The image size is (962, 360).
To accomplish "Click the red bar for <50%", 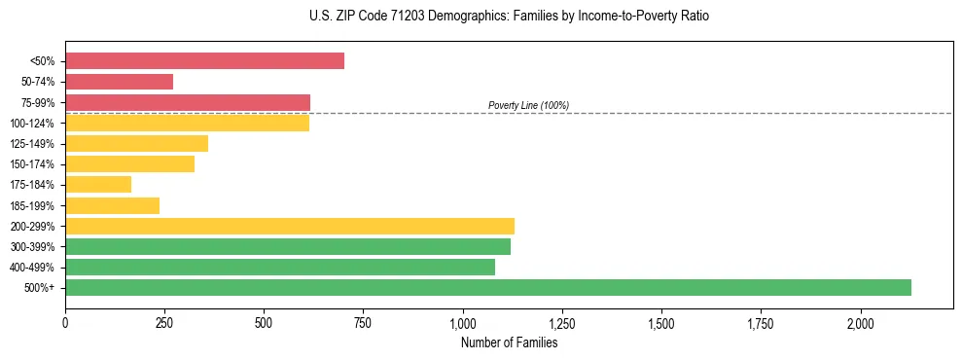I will coord(204,61).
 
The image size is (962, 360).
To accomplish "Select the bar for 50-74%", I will coord(119,82).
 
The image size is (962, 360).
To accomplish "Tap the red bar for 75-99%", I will coord(188,102).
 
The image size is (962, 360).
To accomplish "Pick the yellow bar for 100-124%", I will coord(187,123).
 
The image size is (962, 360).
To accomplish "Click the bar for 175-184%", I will coord(98,185).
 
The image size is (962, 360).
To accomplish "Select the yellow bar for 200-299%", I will coord(290,226).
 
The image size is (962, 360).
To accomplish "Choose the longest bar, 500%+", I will coord(488,287).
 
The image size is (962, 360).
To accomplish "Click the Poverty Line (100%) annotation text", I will coord(528,105).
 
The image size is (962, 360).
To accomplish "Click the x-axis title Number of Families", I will coord(509,342).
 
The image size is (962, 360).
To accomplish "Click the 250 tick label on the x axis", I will coord(164,322).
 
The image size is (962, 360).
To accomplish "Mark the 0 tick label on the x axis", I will coord(65,322).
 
